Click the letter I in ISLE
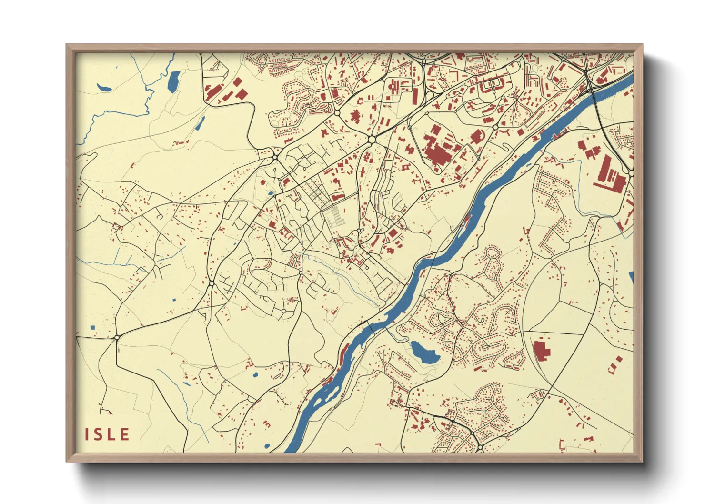[88, 434]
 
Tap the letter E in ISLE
[125, 434]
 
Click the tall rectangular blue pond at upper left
[174, 81]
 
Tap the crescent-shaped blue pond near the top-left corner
[103, 88]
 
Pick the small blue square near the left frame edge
[92, 327]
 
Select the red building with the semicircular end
[477, 137]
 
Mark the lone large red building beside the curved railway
[541, 350]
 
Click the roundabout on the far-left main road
[117, 337]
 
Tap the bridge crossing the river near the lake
[370, 328]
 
